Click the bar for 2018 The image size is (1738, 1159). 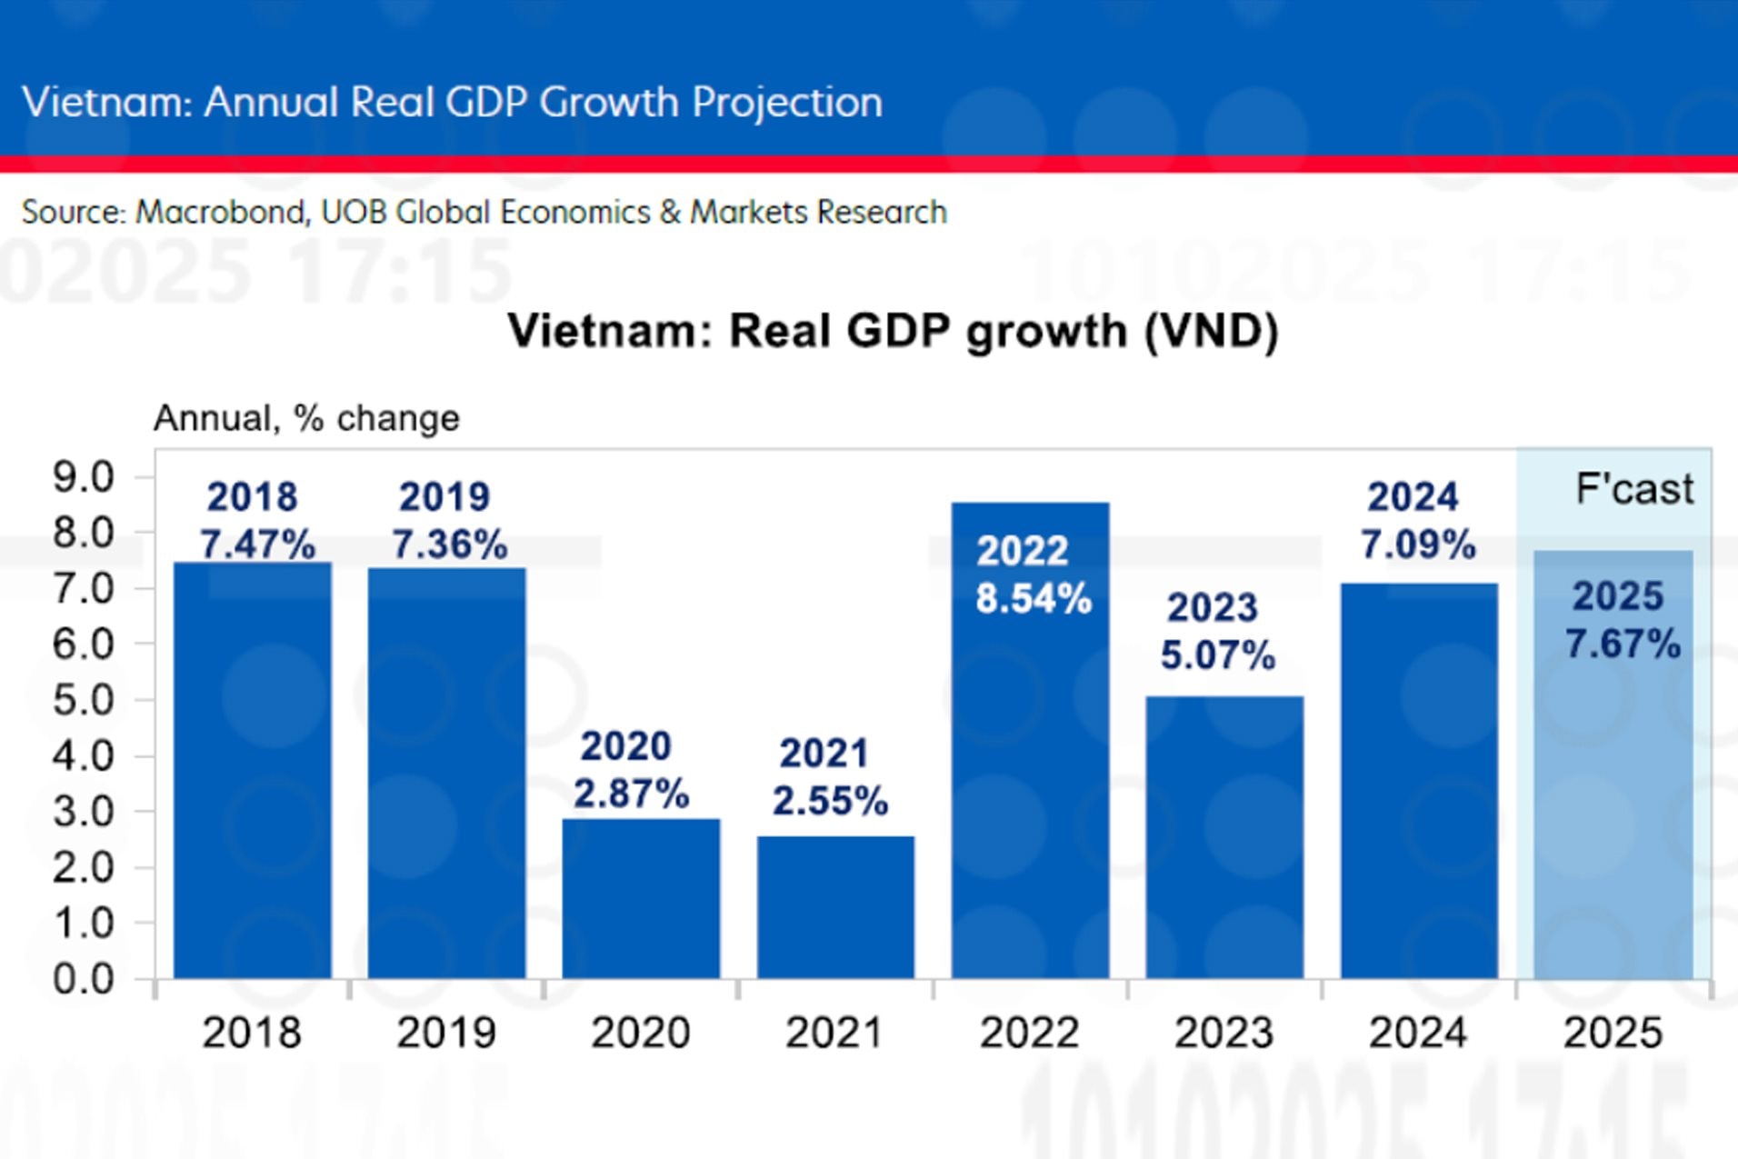pos(252,773)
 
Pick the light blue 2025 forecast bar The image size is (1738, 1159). pos(1613,818)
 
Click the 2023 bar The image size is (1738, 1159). pos(1224,836)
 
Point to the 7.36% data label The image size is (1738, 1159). pos(450,545)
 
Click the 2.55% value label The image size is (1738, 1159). pos(830,801)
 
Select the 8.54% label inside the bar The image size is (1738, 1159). pos(1034,598)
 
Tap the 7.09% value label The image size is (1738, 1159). pos(1418,545)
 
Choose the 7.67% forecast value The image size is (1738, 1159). pos(1623,644)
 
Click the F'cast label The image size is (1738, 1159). pos(1634,489)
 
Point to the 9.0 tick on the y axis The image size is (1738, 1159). pos(84,477)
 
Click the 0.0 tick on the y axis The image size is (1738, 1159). pos(84,979)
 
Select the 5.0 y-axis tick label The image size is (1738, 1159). pos(84,700)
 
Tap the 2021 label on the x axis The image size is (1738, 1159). pos(834,1033)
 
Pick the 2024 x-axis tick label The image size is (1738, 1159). pos(1418,1033)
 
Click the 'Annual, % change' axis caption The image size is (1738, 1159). pos(306,418)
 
